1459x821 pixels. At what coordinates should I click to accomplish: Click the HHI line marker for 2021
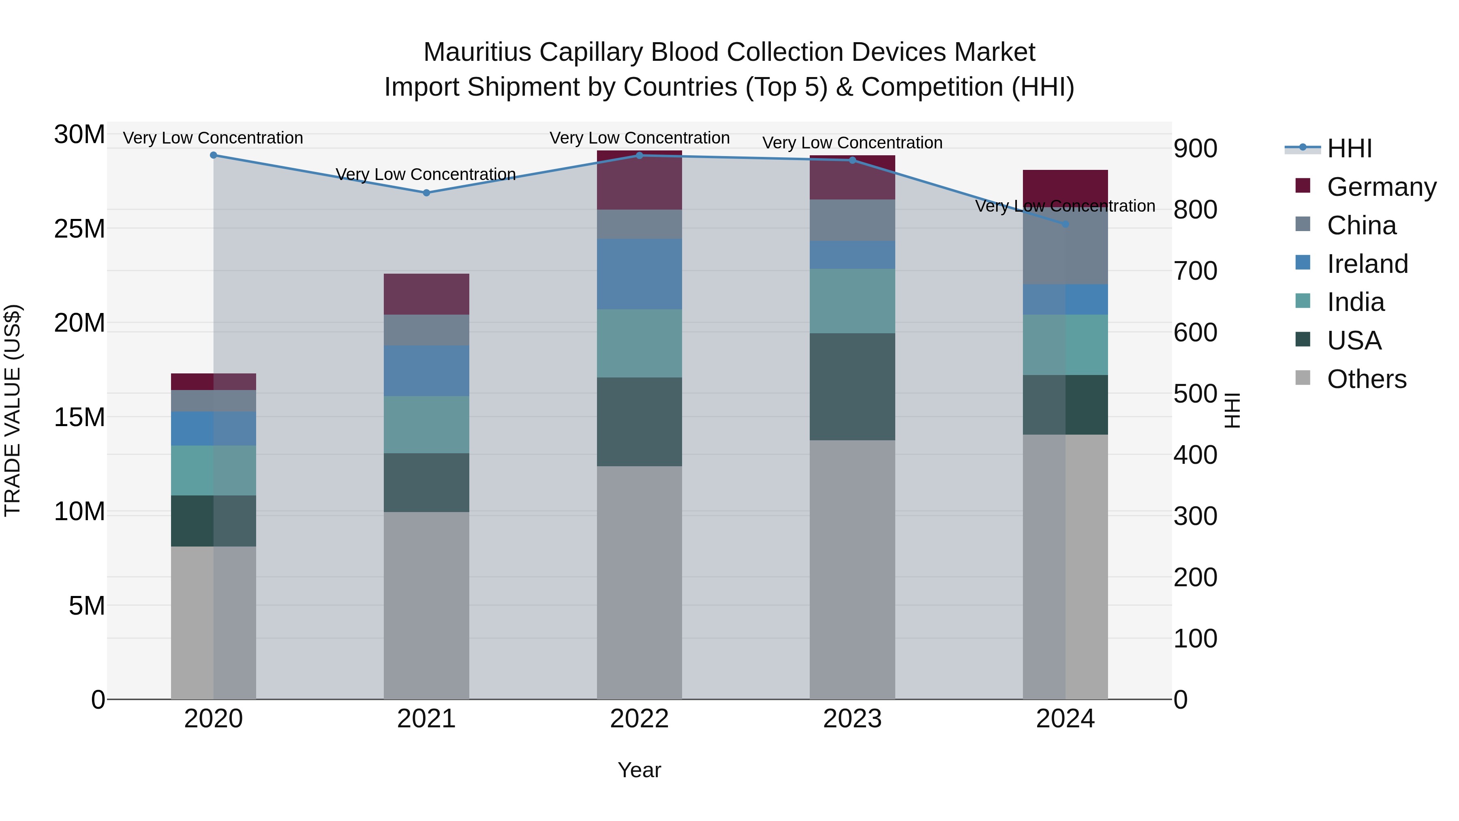pyautogui.click(x=426, y=193)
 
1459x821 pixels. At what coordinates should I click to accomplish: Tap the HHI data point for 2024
pyautogui.click(x=1065, y=224)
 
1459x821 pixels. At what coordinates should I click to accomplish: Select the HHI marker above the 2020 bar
pyautogui.click(x=214, y=155)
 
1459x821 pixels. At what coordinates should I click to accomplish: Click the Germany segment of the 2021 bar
pyautogui.click(x=426, y=294)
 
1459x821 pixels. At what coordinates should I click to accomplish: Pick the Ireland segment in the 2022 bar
pyautogui.click(x=640, y=274)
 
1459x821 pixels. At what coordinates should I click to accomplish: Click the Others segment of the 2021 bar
pyautogui.click(x=426, y=605)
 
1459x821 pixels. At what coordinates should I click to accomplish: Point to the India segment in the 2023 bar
pyautogui.click(x=852, y=301)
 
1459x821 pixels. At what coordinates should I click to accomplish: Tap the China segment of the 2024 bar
pyautogui.click(x=1065, y=249)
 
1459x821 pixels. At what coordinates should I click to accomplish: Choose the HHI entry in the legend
pyautogui.click(x=1349, y=148)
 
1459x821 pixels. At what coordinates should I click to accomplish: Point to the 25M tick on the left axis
pyautogui.click(x=79, y=229)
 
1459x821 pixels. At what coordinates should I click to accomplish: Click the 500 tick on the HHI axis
pyautogui.click(x=1195, y=394)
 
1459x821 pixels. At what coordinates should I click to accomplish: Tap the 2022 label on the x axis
pyautogui.click(x=640, y=719)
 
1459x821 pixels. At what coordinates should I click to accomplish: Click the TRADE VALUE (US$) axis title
pyautogui.click(x=13, y=410)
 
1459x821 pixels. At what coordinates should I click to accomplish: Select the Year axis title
pyautogui.click(x=640, y=770)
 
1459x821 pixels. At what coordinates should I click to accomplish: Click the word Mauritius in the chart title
pyautogui.click(x=477, y=52)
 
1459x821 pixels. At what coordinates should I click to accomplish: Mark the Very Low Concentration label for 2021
pyautogui.click(x=426, y=174)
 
